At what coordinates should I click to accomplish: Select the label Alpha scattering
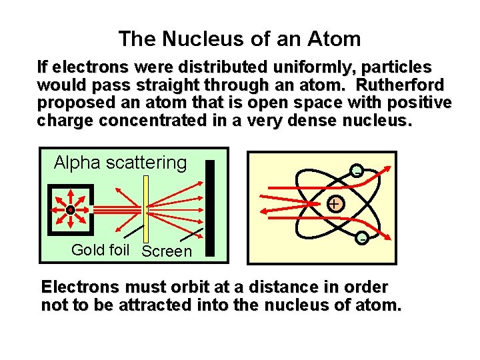120,162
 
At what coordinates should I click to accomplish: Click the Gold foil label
100,250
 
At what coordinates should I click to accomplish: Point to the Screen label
167,251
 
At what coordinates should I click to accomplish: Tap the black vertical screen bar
210,208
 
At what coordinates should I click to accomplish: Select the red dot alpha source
70,209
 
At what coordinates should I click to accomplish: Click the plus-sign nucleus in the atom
334,203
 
